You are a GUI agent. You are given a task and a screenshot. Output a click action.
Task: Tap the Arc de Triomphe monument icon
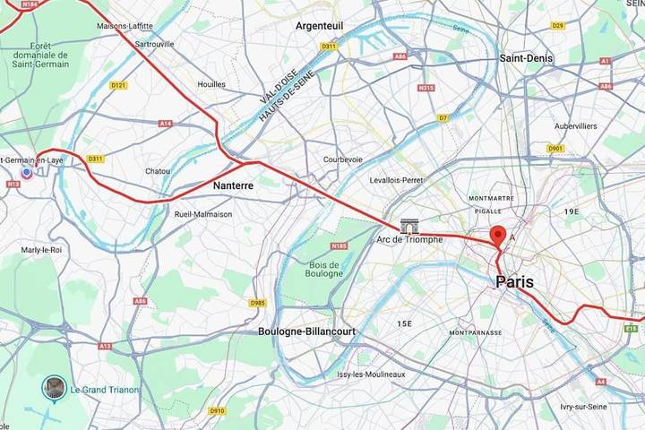tap(409, 226)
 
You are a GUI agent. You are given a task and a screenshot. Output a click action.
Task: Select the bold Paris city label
tap(514, 282)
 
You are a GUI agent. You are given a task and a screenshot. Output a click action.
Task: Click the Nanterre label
tap(234, 185)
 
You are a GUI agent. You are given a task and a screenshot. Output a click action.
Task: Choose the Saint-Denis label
tap(524, 57)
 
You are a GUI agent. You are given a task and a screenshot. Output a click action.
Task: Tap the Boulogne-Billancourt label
tap(306, 331)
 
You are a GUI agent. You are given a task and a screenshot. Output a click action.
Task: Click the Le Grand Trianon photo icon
tap(55, 388)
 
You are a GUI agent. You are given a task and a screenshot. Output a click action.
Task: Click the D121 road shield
tap(118, 85)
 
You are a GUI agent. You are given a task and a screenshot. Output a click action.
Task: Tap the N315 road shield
tap(426, 88)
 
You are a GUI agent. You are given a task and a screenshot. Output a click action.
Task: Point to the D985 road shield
tap(257, 303)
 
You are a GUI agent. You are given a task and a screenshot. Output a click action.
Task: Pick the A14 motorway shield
tap(165, 124)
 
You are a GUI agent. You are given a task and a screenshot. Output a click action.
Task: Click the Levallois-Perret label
tap(396, 180)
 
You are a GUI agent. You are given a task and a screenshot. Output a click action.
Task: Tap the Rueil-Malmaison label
tap(203, 214)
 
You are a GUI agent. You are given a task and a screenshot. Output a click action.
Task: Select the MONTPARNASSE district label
tap(476, 332)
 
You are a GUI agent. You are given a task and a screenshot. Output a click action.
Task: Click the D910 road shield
tap(217, 411)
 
